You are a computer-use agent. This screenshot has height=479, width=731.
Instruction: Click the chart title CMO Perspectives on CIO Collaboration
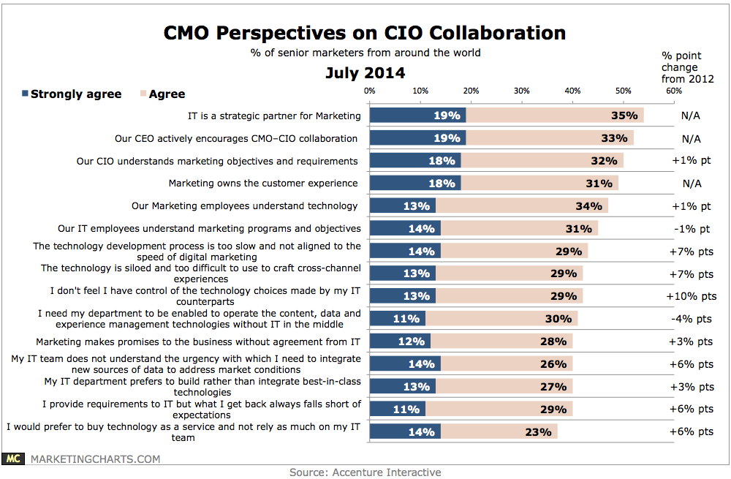click(x=365, y=33)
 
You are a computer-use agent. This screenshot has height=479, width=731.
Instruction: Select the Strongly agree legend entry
click(x=72, y=94)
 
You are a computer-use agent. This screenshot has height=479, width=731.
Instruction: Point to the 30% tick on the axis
click(x=521, y=91)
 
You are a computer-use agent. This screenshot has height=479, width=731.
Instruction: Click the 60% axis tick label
click(x=673, y=91)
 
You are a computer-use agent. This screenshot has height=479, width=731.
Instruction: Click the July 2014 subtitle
click(x=365, y=73)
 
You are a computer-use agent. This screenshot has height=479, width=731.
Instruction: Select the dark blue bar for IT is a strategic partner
click(x=417, y=116)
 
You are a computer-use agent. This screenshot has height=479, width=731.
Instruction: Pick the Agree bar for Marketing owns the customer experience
click(x=539, y=183)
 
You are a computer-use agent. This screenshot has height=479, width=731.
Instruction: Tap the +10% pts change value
click(x=691, y=296)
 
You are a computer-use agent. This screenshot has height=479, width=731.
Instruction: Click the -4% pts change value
click(x=691, y=319)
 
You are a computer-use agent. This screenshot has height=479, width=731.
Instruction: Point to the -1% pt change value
click(x=691, y=228)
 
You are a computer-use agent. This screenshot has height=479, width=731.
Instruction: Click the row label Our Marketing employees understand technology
click(x=245, y=205)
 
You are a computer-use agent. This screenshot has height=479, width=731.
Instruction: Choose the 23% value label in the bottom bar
click(x=537, y=431)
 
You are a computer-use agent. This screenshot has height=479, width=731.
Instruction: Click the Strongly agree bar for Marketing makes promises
click(x=400, y=342)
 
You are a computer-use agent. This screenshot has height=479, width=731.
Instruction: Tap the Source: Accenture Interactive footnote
click(x=365, y=472)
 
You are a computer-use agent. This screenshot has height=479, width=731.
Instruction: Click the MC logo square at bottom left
click(x=12, y=459)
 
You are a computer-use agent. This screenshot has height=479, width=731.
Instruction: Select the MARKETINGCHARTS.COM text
click(x=94, y=459)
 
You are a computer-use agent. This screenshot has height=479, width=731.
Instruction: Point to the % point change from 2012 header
click(x=687, y=67)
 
